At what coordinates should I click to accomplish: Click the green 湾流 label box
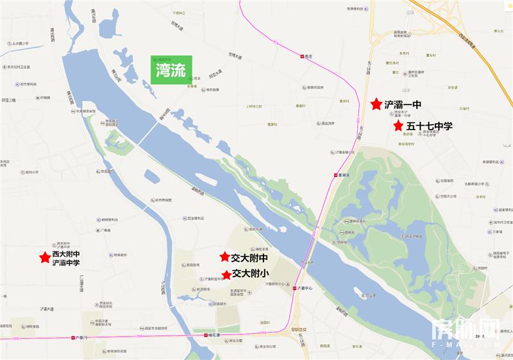pyautogui.click(x=171, y=69)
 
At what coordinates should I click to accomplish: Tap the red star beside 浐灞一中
pyautogui.click(x=374, y=103)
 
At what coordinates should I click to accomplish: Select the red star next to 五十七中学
pyautogui.click(x=398, y=126)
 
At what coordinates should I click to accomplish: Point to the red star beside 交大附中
pyautogui.click(x=224, y=257)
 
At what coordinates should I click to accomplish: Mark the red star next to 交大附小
pyautogui.click(x=226, y=275)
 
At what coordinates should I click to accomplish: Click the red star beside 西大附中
pyautogui.click(x=45, y=257)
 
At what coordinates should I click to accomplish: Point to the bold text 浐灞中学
pyautogui.click(x=66, y=263)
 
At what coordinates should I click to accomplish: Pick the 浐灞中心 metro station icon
pyautogui.click(x=294, y=288)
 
